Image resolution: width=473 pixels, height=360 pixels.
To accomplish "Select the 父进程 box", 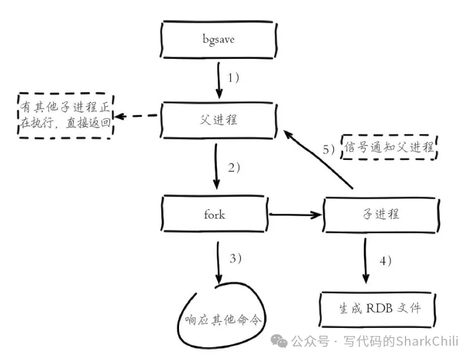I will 218,120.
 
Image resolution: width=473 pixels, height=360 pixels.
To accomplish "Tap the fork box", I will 216,215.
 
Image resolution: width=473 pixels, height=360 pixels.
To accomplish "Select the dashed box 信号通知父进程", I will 388,148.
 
